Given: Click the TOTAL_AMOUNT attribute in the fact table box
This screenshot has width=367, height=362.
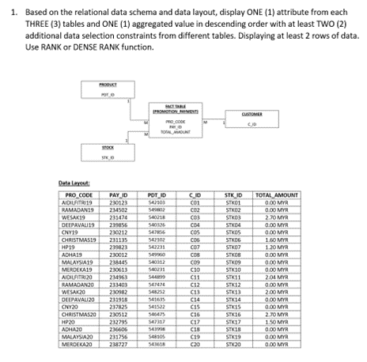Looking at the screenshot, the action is click(x=177, y=133).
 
